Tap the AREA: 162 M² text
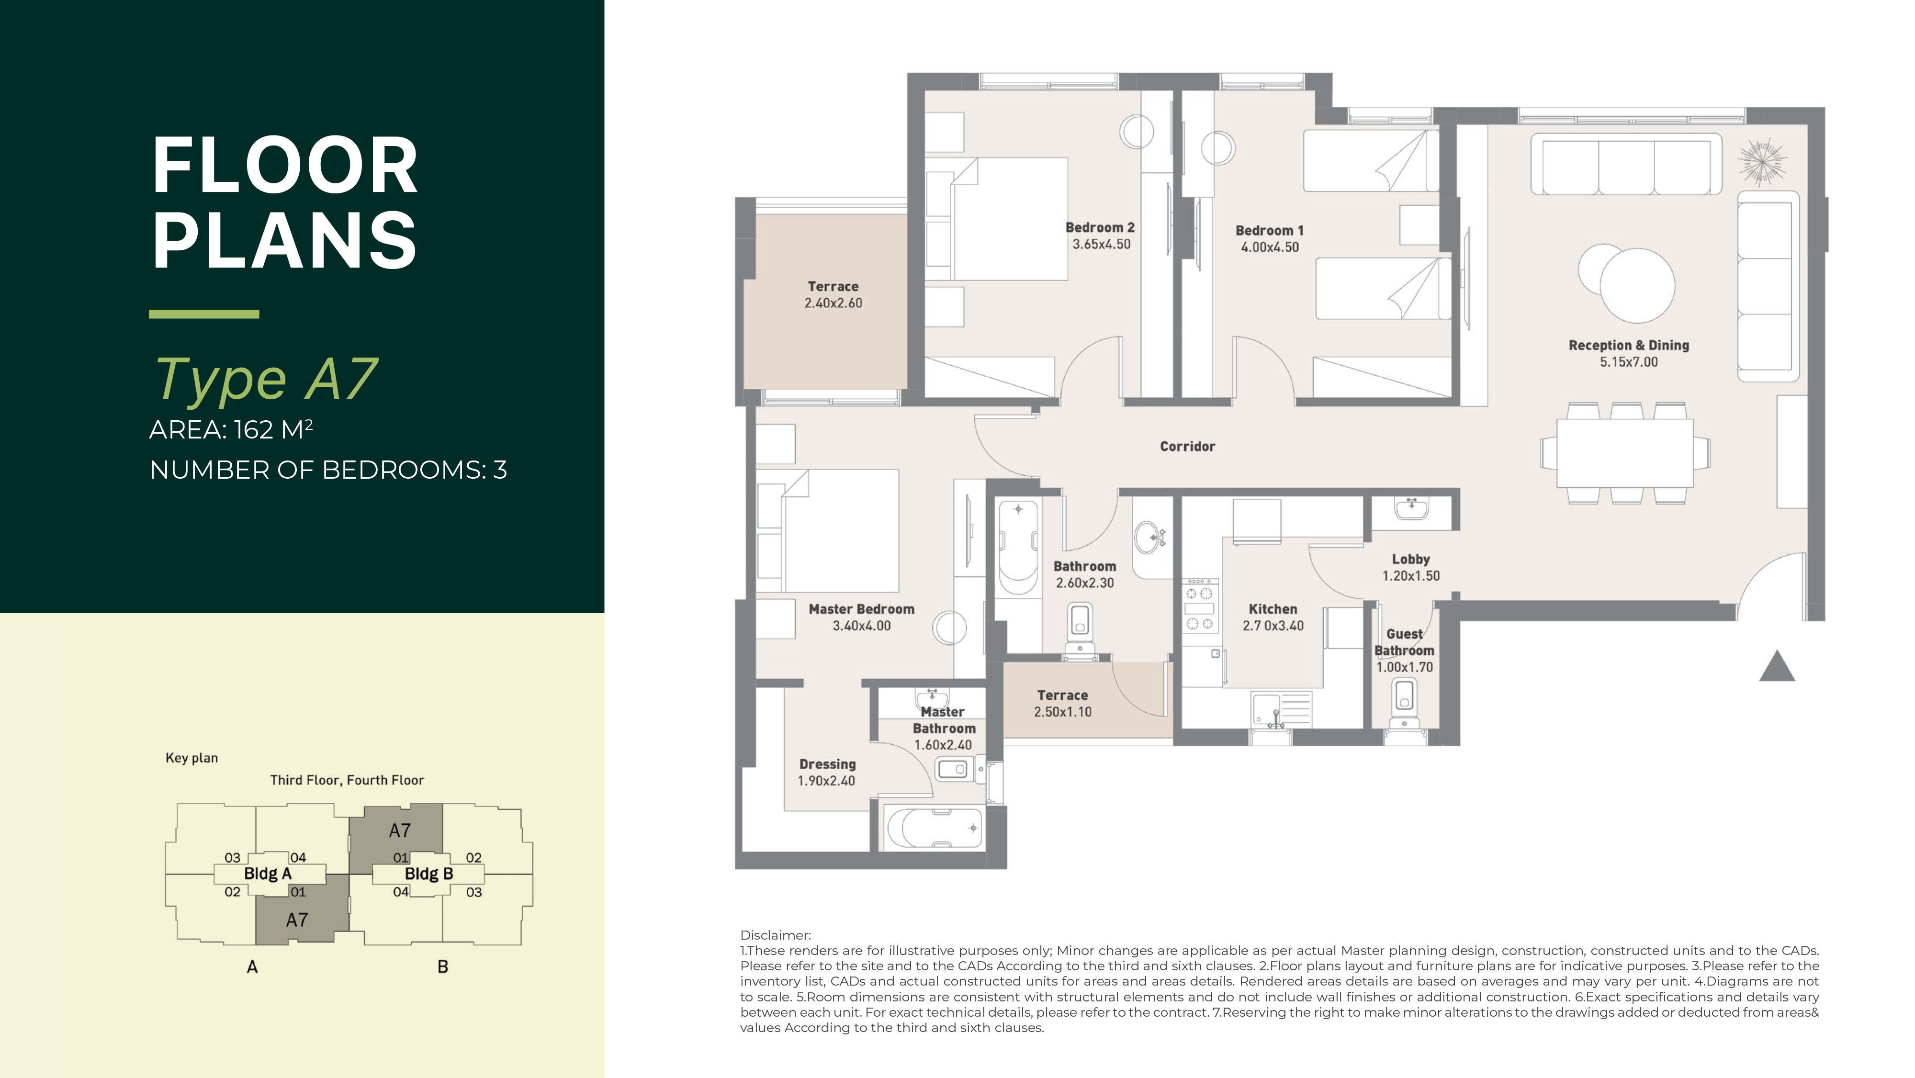point(231,430)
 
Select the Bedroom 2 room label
point(1100,227)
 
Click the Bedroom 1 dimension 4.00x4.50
point(1270,247)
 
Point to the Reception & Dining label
point(1629,345)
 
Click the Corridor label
point(1187,446)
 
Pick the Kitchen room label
point(1273,609)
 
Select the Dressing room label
point(827,764)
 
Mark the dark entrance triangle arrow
point(1777,666)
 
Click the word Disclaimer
point(776,935)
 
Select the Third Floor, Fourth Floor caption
point(347,780)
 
